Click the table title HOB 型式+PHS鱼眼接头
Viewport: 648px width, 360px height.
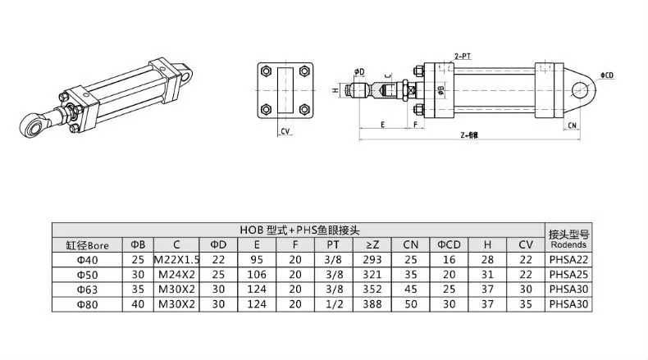click(299, 230)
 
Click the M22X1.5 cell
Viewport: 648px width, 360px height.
click(176, 259)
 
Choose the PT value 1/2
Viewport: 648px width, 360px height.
click(332, 303)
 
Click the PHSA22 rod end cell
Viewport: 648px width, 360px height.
click(569, 259)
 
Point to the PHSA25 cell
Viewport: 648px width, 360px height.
click(569, 274)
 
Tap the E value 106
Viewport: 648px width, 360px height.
click(257, 274)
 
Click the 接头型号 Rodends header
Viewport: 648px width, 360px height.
click(569, 238)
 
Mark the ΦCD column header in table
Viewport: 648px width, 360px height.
click(449, 244)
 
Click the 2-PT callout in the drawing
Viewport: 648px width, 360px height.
click(463, 56)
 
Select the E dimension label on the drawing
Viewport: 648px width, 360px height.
click(383, 125)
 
